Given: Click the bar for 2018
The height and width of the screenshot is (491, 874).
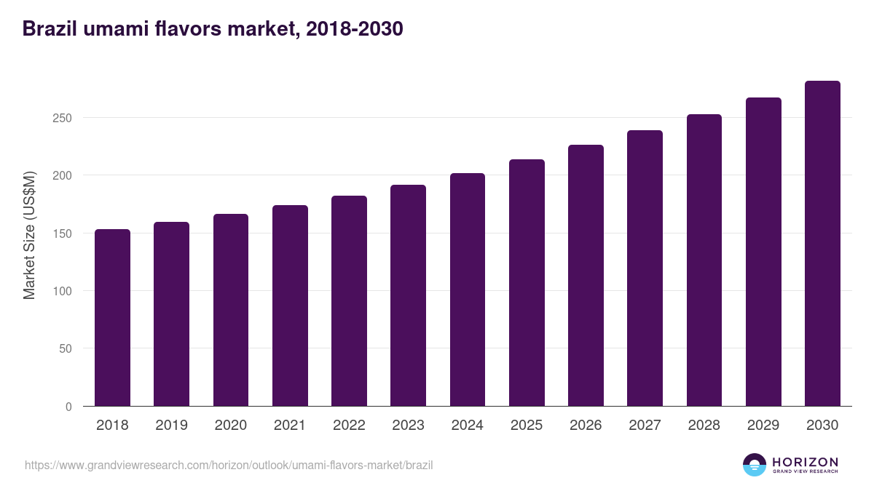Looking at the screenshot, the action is (x=112, y=318).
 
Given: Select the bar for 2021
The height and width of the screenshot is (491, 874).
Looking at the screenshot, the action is (x=290, y=306).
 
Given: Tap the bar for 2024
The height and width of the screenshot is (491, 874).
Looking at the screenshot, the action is (x=468, y=290).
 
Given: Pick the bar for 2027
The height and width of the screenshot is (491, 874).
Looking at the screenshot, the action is (x=645, y=268).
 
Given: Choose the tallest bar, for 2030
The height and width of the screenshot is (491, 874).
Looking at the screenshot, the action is (x=822, y=244).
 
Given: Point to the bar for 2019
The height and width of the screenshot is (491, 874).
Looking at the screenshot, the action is (x=171, y=314).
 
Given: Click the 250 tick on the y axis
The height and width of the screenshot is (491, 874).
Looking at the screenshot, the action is (x=62, y=118).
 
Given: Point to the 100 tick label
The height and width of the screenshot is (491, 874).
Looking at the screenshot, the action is (x=62, y=291).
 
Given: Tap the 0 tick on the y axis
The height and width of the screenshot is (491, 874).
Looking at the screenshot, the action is (x=68, y=407).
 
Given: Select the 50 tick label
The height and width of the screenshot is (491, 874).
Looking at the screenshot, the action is (x=66, y=348).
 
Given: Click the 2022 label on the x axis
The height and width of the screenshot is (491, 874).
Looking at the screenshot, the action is (x=349, y=425).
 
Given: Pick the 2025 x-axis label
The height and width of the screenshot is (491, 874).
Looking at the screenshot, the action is (x=527, y=425).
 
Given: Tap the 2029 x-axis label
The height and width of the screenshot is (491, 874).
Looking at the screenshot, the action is (x=763, y=425).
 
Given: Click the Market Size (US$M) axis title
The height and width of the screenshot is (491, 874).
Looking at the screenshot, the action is (x=29, y=236).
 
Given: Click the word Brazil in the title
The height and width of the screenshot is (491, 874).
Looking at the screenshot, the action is (x=50, y=28).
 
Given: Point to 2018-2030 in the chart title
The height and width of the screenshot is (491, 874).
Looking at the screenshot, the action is (x=354, y=29).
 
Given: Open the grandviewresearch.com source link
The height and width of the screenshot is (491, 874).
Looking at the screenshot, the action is (x=229, y=466).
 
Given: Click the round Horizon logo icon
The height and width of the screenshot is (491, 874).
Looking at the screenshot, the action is (x=755, y=465).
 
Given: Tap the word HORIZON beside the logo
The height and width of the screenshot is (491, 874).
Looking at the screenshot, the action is (x=805, y=462).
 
